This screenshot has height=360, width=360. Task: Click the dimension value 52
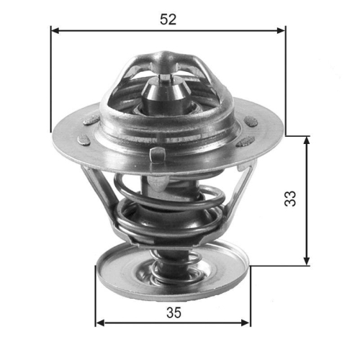(168, 19)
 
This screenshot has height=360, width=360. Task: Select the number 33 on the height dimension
(289, 199)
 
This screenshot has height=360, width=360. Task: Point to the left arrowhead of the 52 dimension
(55, 31)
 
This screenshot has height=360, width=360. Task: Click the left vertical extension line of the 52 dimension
(50, 79)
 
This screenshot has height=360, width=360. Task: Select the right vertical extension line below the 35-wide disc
(251, 295)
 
